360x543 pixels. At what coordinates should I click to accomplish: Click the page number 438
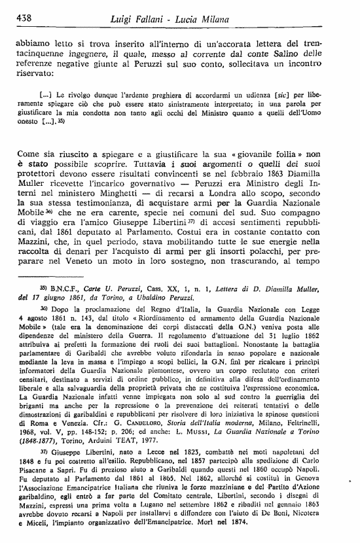click(x=24, y=18)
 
